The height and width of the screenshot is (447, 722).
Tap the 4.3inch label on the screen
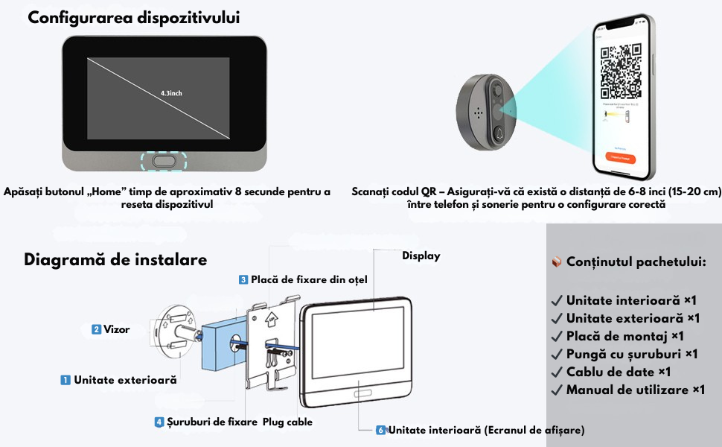point(171,93)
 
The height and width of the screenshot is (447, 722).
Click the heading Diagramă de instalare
point(115,260)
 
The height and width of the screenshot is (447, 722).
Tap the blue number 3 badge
point(243,279)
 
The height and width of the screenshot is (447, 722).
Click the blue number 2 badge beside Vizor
point(96,329)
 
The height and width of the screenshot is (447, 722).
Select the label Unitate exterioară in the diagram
point(125,380)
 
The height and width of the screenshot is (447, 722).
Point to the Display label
point(421,256)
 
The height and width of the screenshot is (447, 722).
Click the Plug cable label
point(287,422)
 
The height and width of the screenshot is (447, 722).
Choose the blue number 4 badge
point(159,422)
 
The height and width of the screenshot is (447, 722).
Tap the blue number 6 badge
point(381,430)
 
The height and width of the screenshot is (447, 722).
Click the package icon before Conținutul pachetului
point(556,262)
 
